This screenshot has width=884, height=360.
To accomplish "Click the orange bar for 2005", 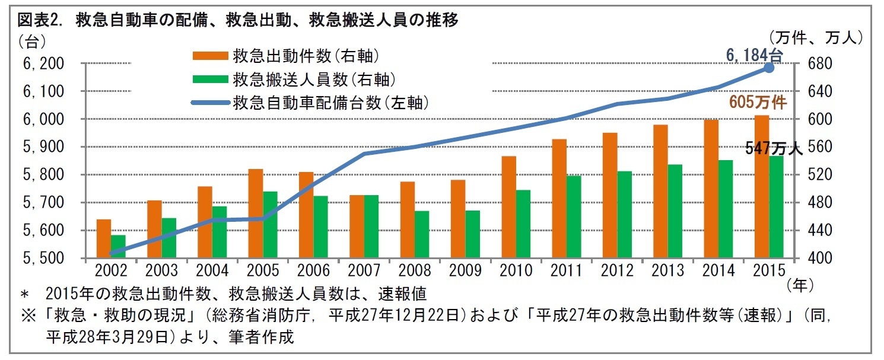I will [x=256, y=214].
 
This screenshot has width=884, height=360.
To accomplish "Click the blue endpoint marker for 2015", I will [x=768, y=68].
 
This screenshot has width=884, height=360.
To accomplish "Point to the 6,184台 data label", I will [x=755, y=55].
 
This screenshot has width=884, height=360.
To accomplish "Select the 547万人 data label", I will [x=774, y=149].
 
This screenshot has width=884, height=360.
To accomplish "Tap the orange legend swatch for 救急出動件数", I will [x=210, y=56].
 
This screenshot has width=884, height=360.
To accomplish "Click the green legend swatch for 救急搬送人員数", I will [x=210, y=79].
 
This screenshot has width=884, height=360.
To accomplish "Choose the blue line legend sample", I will [x=210, y=103].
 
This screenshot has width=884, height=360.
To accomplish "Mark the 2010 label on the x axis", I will [x=516, y=271].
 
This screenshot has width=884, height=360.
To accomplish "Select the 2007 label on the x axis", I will [x=364, y=271].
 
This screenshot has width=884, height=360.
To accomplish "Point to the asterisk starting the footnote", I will [x=24, y=294].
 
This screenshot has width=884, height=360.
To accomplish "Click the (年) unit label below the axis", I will [x=799, y=285].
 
